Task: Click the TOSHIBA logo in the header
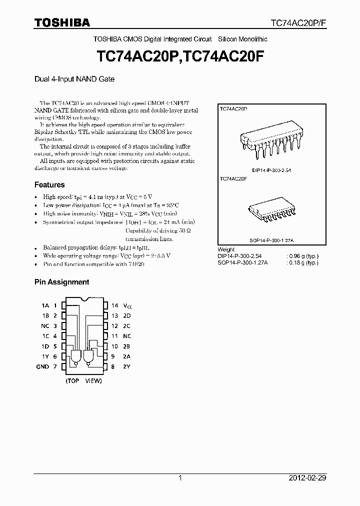pyautogui.click(x=62, y=22)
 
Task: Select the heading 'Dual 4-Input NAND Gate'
pyautogui.click(x=74, y=79)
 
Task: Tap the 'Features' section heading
pyautogui.click(x=49, y=184)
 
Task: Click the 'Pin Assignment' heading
pyautogui.click(x=61, y=282)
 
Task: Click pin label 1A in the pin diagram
pyautogui.click(x=45, y=305)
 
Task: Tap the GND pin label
pyautogui.click(x=43, y=366)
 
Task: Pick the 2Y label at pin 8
pyautogui.click(x=127, y=366)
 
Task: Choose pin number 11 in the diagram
pyautogui.click(x=114, y=336)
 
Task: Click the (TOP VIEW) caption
pyautogui.click(x=84, y=381)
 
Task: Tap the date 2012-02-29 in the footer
pyautogui.click(x=307, y=478)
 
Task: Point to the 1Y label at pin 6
pyautogui.click(x=45, y=356)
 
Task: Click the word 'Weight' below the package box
pyautogui.click(x=226, y=249)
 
